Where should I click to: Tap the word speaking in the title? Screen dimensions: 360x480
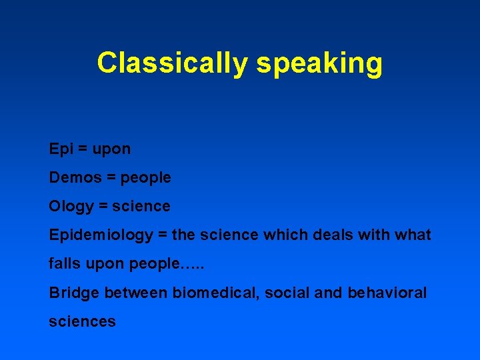(319, 63)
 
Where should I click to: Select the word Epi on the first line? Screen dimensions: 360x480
(60, 149)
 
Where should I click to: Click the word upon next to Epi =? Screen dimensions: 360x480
(111, 149)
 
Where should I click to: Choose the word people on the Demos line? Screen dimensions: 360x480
(145, 178)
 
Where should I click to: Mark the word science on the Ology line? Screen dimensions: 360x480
(141, 207)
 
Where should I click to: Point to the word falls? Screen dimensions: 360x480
(63, 264)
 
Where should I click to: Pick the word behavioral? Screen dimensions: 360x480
(387, 293)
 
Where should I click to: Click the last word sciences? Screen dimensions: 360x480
(82, 321)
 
